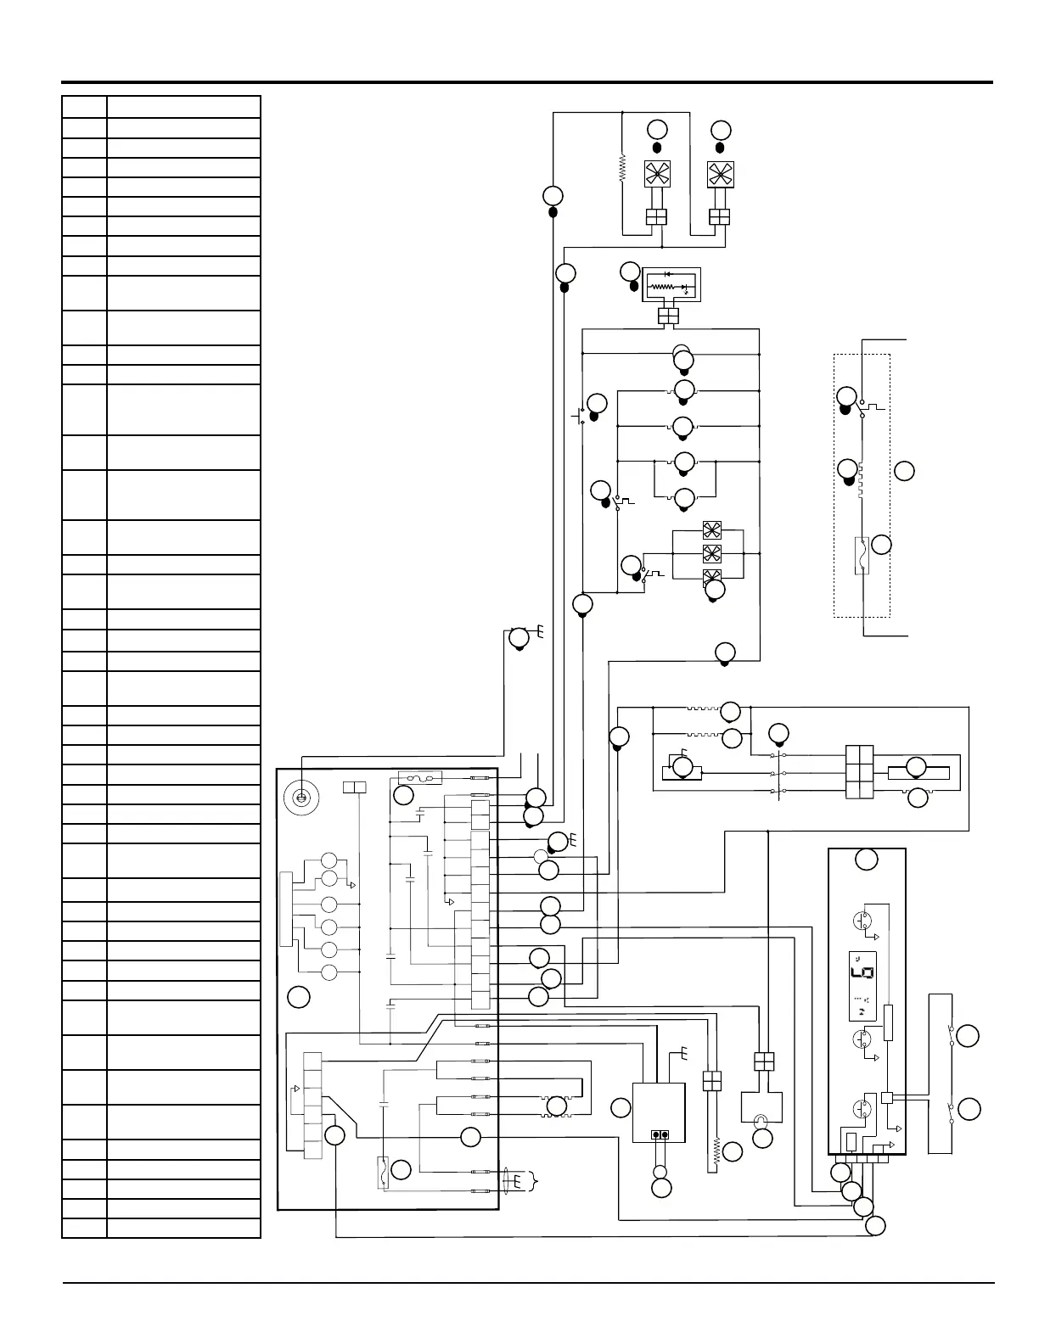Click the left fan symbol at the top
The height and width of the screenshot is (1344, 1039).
coord(656,174)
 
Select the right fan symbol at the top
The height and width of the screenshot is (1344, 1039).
coord(720,174)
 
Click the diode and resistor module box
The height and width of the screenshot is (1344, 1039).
coord(670,286)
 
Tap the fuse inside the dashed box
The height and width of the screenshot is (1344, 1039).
coord(861,556)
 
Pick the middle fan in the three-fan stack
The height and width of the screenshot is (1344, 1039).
coord(711,553)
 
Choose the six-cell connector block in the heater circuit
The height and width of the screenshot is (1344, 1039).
coord(860,772)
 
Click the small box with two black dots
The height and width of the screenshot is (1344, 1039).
coord(659,1135)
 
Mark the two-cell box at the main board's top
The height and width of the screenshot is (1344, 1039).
coord(354,787)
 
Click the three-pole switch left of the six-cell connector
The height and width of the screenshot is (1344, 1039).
coord(778,773)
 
